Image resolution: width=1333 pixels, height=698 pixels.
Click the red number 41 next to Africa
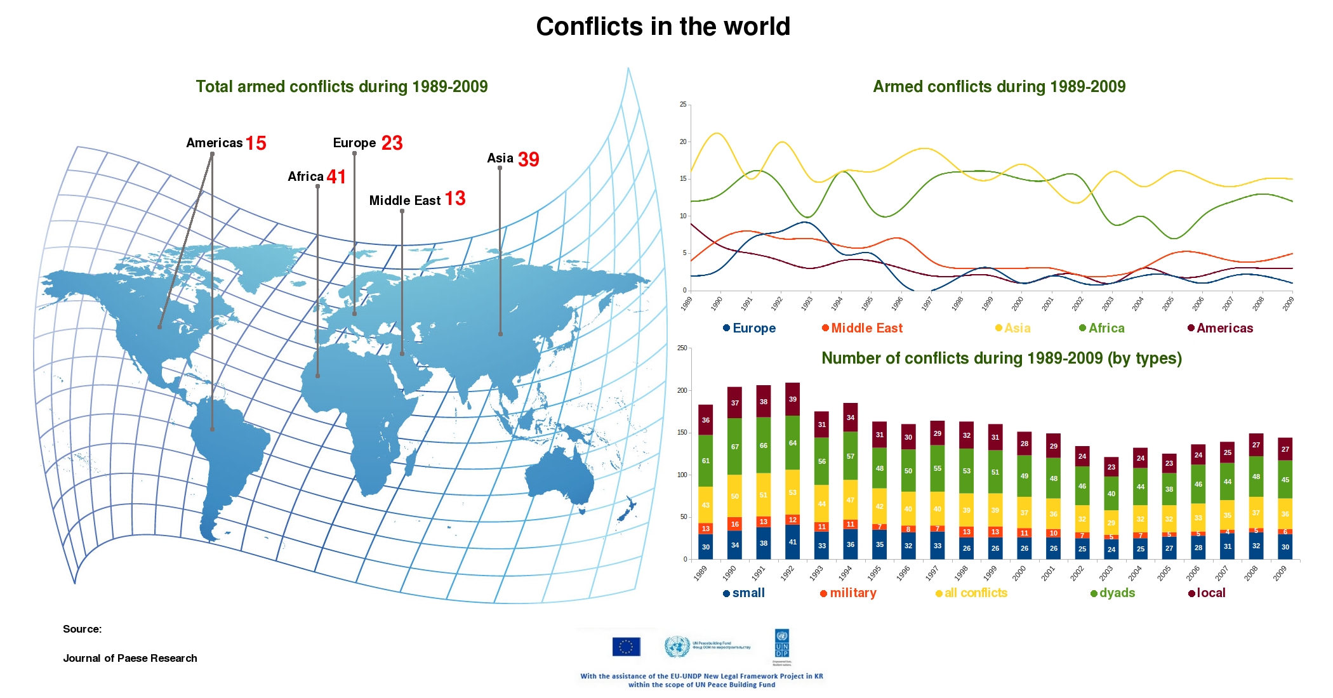(x=336, y=176)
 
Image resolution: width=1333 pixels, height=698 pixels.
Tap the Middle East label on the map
(x=404, y=201)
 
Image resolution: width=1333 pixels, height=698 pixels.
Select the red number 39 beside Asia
(x=528, y=159)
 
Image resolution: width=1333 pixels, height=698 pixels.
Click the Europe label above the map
(x=354, y=143)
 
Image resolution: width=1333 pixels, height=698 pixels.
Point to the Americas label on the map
(x=214, y=143)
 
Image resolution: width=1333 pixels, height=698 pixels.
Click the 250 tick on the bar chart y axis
(x=682, y=348)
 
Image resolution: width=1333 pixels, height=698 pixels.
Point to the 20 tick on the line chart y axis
(x=683, y=142)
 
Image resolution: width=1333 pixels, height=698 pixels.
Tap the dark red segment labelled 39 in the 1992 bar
(x=793, y=399)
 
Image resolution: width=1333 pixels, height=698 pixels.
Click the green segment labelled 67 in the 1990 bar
(x=734, y=447)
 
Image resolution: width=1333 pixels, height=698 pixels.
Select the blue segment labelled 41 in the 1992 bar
(x=793, y=542)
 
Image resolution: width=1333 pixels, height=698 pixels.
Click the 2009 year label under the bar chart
(x=1280, y=573)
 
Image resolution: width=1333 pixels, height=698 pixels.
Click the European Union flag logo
(x=626, y=647)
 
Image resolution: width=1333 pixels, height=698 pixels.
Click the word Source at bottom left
(x=82, y=629)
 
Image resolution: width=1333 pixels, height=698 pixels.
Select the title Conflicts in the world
(x=663, y=27)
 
